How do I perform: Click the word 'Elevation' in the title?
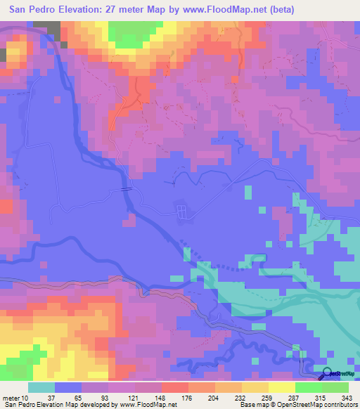pos(83,9)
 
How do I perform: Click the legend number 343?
pos(348,398)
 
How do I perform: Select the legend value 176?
pos(188,398)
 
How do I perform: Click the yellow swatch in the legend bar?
pos(282,387)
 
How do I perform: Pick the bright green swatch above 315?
pos(309,387)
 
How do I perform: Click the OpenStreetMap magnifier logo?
pos(327,375)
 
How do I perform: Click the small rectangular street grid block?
pos(181,210)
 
